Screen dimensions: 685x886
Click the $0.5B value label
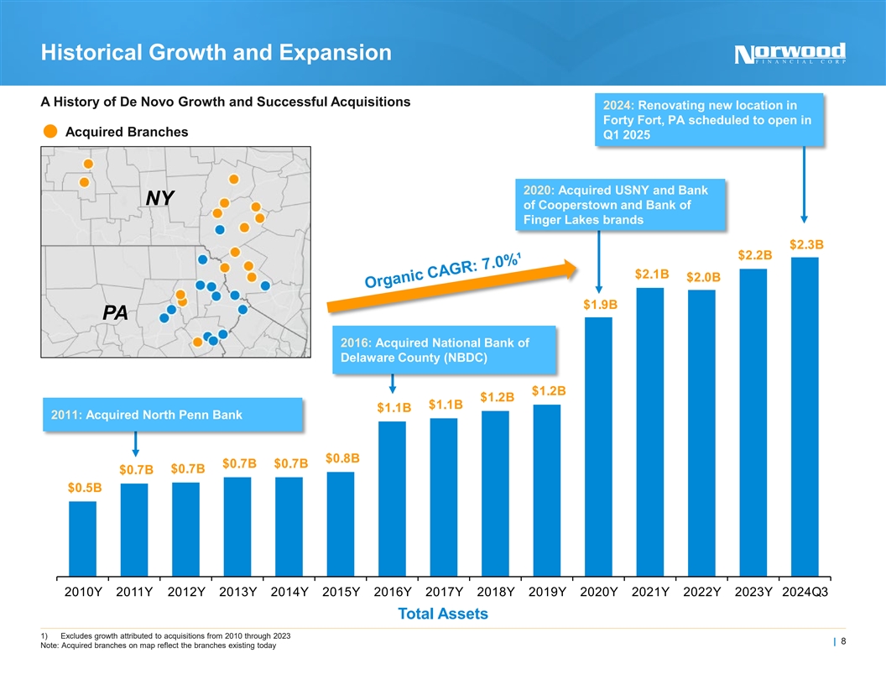point(85,488)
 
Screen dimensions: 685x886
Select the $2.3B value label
point(806,244)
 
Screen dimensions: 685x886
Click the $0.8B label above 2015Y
point(342,458)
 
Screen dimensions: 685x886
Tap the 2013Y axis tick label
point(237,592)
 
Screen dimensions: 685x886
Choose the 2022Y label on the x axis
point(701,592)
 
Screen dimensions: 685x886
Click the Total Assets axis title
point(443,614)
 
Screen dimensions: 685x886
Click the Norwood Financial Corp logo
point(790,53)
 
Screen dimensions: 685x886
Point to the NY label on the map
point(159,198)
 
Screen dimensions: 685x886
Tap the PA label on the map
point(115,313)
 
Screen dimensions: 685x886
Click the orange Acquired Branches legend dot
point(50,132)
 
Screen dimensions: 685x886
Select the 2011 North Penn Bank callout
point(171,415)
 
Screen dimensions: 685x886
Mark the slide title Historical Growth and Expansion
point(216,53)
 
